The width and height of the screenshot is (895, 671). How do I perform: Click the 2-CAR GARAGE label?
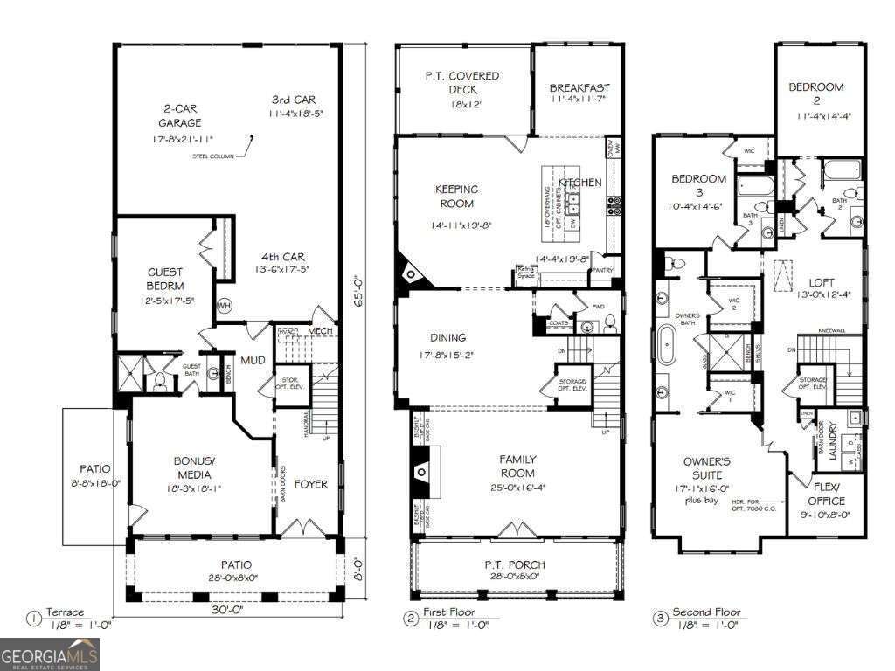[180, 116]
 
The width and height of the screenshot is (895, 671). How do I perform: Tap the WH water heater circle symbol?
[224, 306]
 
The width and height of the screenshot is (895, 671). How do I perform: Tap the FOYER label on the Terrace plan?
[310, 484]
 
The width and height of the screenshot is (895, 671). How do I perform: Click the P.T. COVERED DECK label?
[462, 83]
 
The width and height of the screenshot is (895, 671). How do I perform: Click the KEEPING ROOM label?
[457, 197]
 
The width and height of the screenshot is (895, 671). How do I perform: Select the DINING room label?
[447, 337]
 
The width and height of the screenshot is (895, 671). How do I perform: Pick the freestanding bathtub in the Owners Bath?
[666, 345]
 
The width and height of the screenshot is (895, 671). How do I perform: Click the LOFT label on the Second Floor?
[822, 282]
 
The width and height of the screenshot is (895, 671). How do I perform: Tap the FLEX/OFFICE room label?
[826, 495]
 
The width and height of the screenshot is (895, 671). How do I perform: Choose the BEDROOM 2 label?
[815, 93]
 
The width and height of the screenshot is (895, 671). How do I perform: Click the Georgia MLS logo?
[50, 654]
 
